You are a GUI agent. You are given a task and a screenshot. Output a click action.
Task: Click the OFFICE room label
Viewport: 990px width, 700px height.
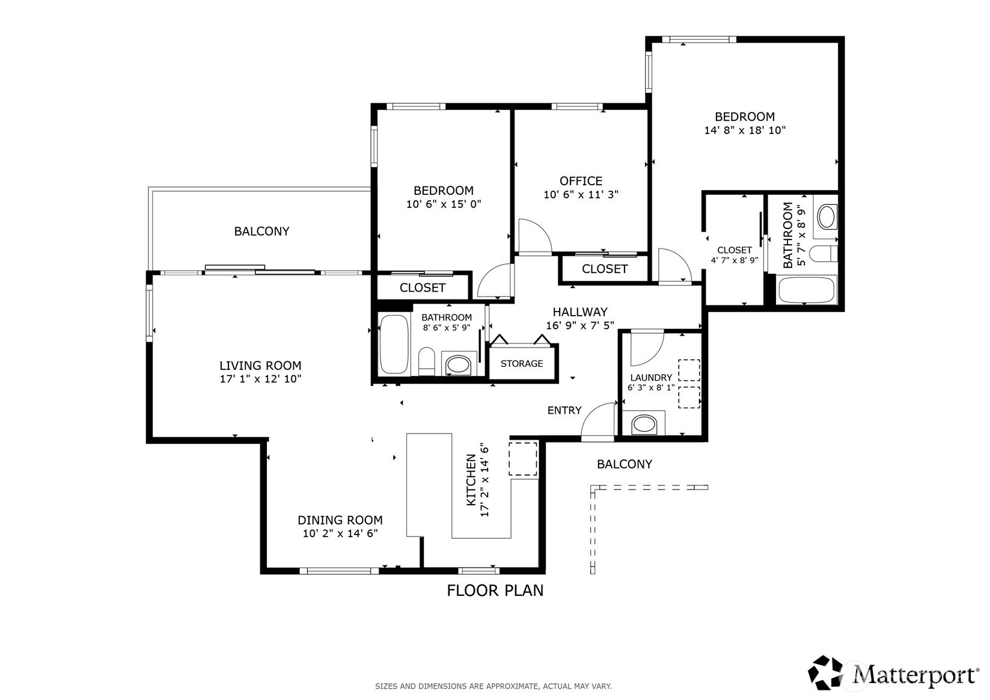tap(581, 181)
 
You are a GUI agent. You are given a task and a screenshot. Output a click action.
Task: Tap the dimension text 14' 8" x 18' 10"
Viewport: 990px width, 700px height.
tap(745, 130)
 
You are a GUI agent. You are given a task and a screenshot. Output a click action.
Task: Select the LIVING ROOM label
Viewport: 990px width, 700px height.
tap(260, 366)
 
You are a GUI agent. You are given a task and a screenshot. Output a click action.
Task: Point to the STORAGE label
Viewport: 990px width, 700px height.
tap(522, 364)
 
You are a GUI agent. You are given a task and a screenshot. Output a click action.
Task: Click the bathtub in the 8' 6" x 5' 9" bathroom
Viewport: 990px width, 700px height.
tap(394, 345)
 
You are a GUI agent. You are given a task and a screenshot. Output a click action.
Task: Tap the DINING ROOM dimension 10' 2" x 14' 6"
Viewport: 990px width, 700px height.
tap(340, 533)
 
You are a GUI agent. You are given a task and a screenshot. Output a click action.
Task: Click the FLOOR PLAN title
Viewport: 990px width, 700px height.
tap(495, 591)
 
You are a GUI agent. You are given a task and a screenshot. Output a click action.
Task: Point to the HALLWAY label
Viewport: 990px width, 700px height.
tap(580, 312)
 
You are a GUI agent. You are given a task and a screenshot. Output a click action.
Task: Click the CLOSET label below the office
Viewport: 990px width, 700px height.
tap(605, 269)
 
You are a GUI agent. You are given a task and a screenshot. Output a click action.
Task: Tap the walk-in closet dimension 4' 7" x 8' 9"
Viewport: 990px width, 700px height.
tap(734, 260)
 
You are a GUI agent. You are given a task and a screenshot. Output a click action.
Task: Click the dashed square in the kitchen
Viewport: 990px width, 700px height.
tap(523, 459)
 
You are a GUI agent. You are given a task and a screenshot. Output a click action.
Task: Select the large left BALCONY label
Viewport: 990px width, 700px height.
tap(261, 231)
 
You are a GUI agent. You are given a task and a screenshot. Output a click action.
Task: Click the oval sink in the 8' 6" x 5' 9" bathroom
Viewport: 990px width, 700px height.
tap(459, 364)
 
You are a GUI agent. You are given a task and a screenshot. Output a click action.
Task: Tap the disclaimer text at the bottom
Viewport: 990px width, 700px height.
tap(493, 686)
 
